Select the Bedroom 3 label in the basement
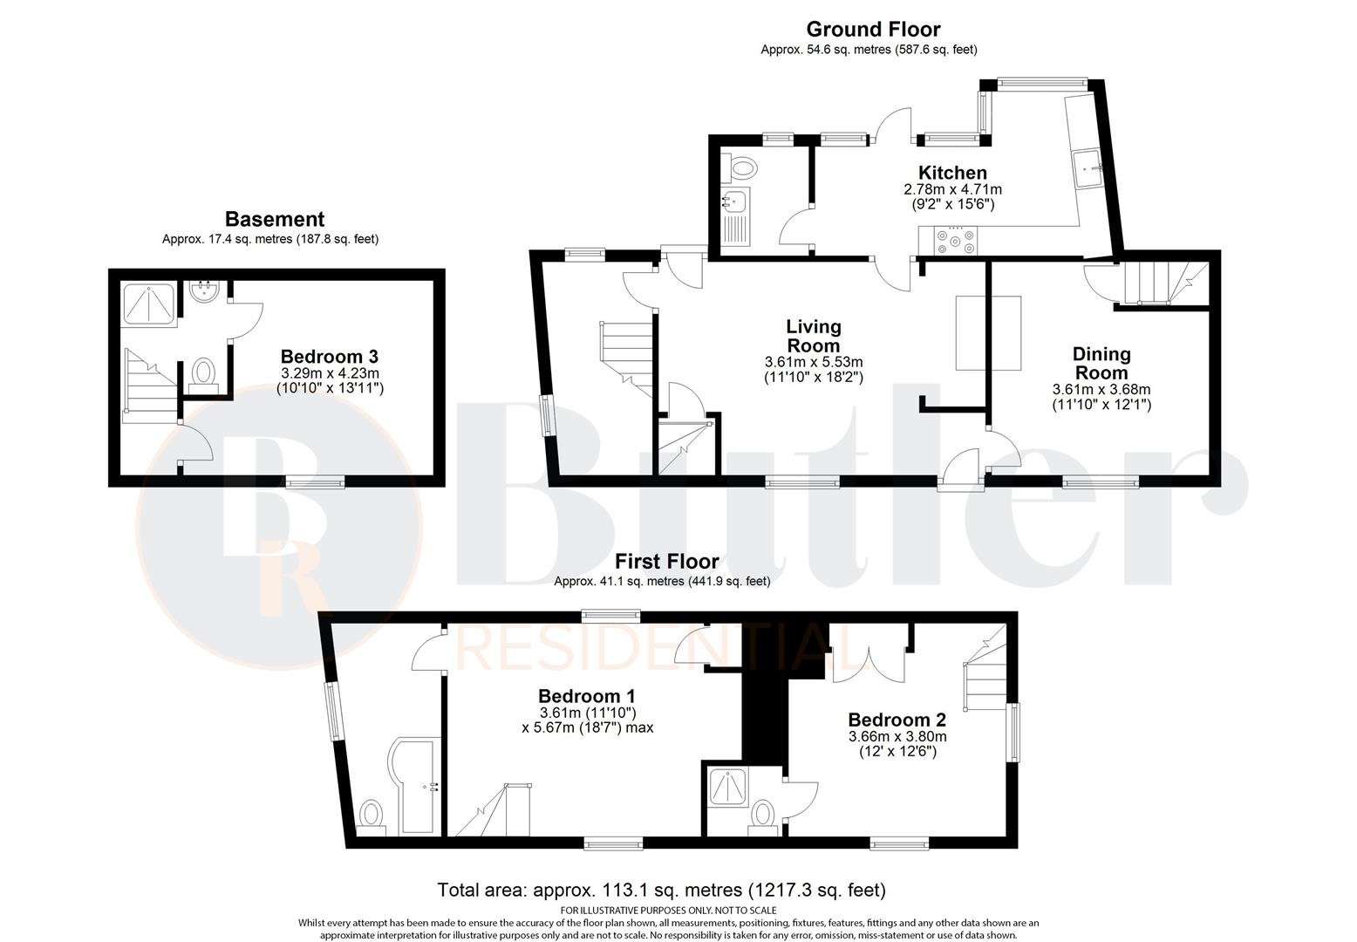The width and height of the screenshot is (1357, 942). click(329, 356)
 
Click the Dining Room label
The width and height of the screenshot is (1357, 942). click(1101, 363)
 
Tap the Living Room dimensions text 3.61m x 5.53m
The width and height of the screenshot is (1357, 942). click(813, 362)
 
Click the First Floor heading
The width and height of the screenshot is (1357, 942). click(667, 561)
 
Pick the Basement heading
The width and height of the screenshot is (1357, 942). click(274, 219)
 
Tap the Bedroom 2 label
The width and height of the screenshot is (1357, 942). click(897, 720)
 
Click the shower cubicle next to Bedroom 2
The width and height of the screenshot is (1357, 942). click(726, 788)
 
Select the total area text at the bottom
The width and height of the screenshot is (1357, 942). click(661, 891)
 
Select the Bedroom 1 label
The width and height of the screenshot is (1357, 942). click(586, 696)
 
